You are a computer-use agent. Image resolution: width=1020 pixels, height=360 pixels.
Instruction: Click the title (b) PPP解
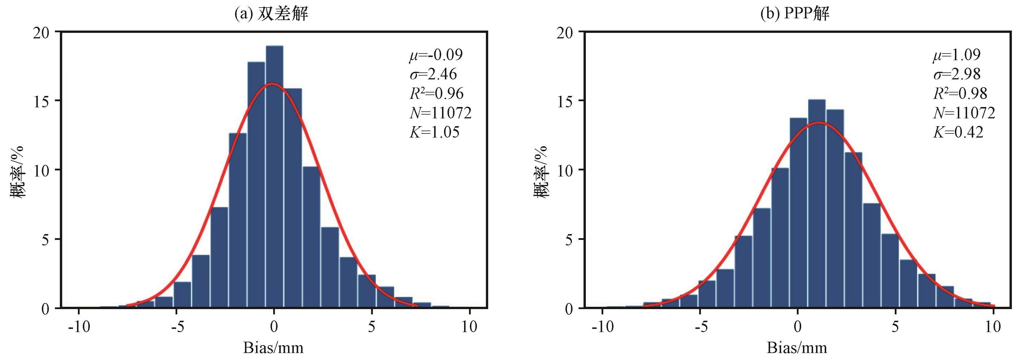point(795,14)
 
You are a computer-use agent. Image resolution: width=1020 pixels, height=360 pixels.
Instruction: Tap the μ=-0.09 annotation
point(436,55)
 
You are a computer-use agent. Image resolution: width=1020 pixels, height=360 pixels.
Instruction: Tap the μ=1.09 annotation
point(956,55)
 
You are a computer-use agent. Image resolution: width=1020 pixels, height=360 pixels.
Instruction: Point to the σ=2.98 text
point(957,74)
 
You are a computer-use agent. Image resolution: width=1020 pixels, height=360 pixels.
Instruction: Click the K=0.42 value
point(958,132)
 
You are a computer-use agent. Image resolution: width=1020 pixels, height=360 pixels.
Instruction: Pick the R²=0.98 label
point(960,93)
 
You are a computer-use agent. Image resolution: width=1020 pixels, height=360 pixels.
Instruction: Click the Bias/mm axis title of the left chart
point(273,348)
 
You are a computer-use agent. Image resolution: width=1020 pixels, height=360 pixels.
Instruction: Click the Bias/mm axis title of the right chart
point(797,348)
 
